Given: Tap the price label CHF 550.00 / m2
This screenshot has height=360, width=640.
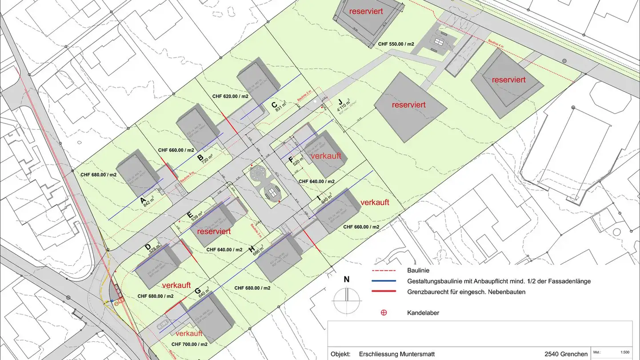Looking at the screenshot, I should point(396,44).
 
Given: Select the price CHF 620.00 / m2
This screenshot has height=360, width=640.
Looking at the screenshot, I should point(230,96).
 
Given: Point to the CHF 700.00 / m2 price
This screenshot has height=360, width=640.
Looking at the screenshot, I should point(189,344).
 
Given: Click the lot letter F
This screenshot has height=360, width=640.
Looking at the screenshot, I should point(291,160).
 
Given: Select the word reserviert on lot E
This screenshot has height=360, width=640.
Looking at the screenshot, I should point(214,232).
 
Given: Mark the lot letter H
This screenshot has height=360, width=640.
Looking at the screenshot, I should point(252,249).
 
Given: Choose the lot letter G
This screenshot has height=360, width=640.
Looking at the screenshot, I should point(197,292).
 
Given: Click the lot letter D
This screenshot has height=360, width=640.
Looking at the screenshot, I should point(148,247).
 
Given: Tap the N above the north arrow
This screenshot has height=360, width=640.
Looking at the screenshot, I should point(347,280).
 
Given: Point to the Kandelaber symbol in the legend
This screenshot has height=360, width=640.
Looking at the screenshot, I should point(384,313).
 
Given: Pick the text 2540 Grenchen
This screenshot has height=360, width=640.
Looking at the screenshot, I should point(566,354).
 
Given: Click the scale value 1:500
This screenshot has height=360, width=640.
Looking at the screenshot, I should point(624,352).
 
